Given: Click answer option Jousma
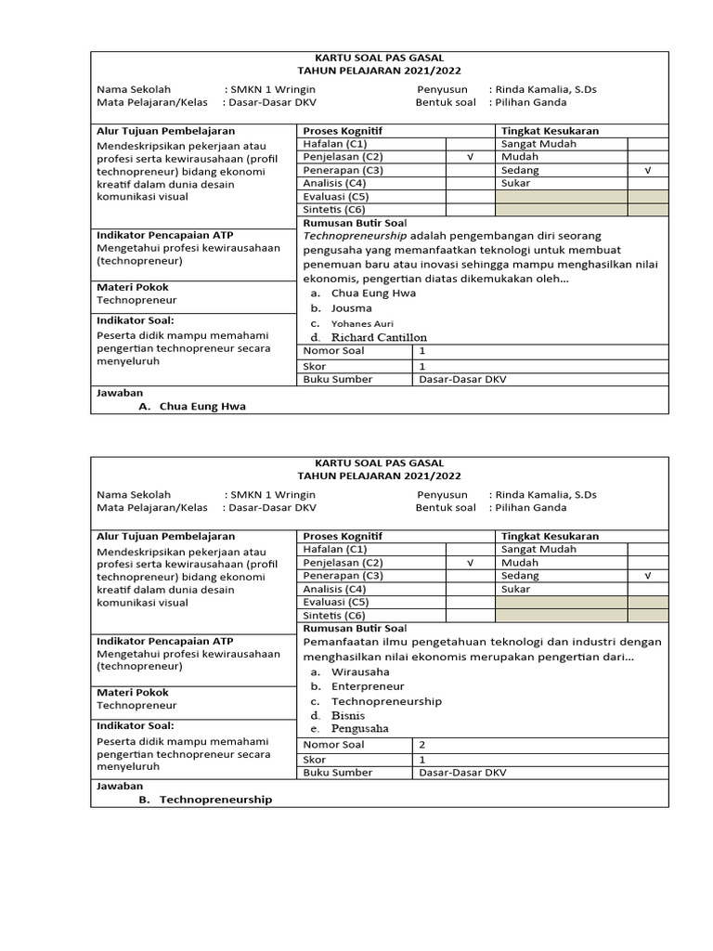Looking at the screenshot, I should click(351, 308).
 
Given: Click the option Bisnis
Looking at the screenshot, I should click(348, 716).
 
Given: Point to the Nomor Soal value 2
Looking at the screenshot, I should click(422, 745).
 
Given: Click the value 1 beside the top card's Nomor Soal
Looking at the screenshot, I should click(422, 351).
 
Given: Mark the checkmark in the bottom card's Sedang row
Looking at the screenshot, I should click(648, 576).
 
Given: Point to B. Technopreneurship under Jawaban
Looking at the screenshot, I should click(215, 800).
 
